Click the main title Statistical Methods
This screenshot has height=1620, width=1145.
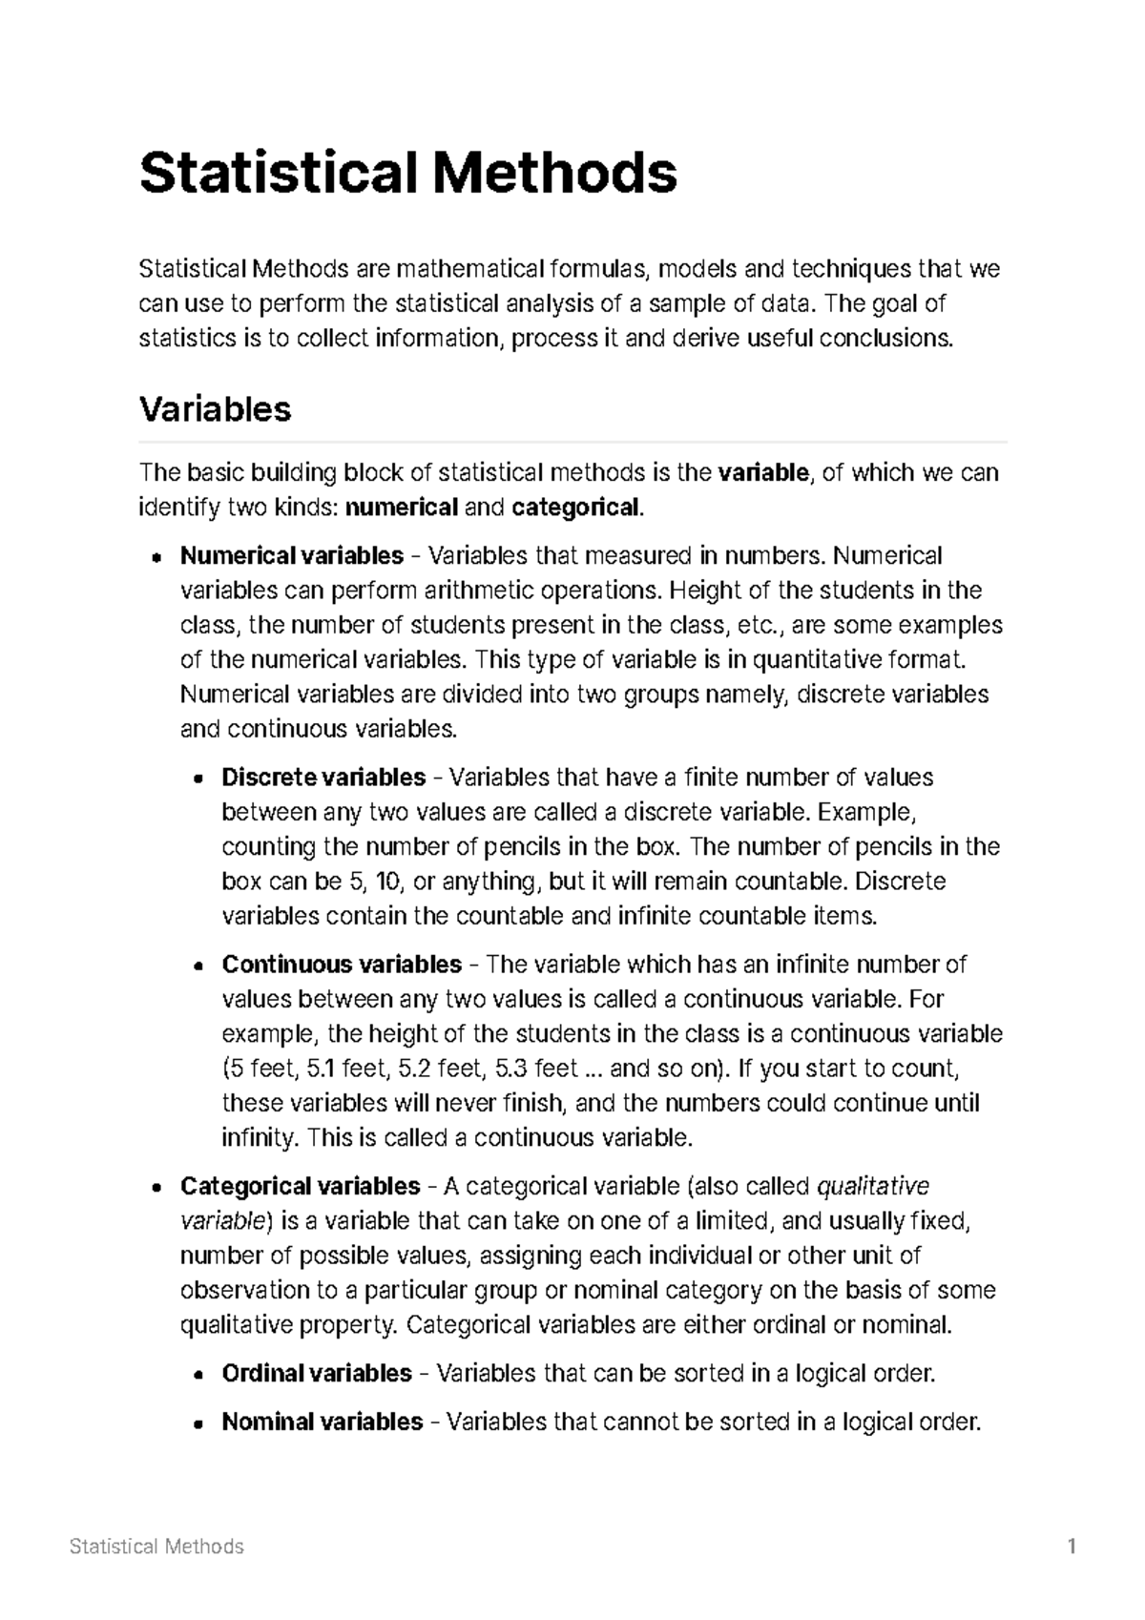pyautogui.click(x=408, y=173)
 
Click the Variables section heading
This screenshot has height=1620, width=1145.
pyautogui.click(x=215, y=409)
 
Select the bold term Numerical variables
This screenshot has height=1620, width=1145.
pyautogui.click(x=292, y=555)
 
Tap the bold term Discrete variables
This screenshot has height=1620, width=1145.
pyautogui.click(x=323, y=778)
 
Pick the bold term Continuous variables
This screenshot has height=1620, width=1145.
pyautogui.click(x=342, y=965)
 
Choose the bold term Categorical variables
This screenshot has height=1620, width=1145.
pyautogui.click(x=300, y=1186)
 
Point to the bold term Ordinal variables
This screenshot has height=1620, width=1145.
pyautogui.click(x=317, y=1373)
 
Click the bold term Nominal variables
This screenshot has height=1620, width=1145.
pyautogui.click(x=322, y=1422)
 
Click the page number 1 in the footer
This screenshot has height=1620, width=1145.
pyautogui.click(x=1072, y=1547)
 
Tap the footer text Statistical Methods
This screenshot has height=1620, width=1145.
pyautogui.click(x=156, y=1547)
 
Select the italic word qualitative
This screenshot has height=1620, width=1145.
pyautogui.click(x=874, y=1186)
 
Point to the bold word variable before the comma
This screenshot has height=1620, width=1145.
pyautogui.click(x=762, y=472)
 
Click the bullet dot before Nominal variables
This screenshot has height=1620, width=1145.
pyautogui.click(x=197, y=1423)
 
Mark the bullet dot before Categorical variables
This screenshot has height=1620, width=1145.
pyautogui.click(x=155, y=1188)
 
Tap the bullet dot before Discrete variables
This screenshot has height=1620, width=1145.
pyautogui.click(x=197, y=779)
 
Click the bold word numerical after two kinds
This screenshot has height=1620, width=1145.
pyautogui.click(x=401, y=507)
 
